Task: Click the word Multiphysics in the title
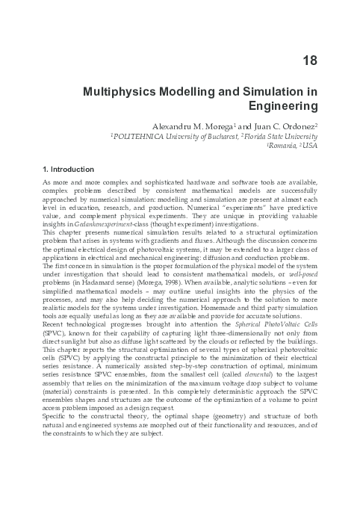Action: click(x=120, y=90)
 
